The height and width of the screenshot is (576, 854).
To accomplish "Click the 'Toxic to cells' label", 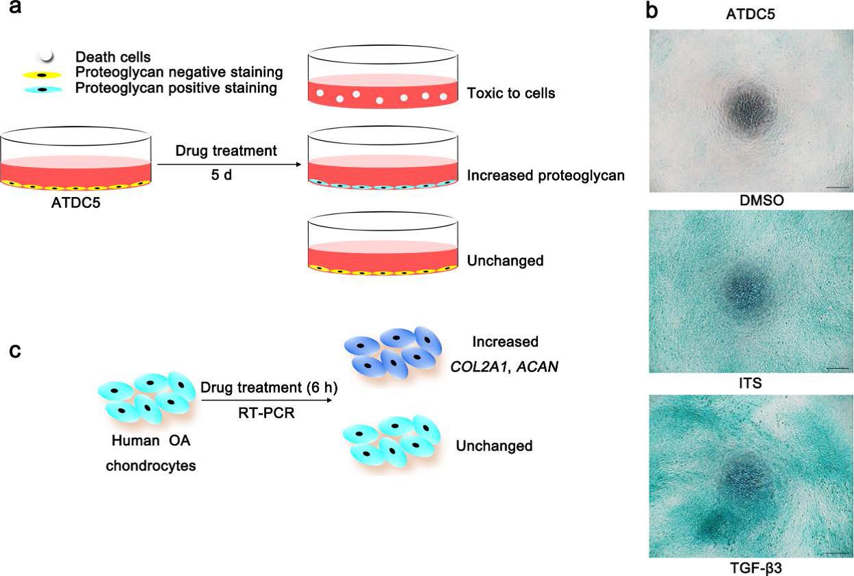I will coord(510,92).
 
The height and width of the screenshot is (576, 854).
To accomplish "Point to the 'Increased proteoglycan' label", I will coord(545,176).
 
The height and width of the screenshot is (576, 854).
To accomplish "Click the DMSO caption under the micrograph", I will coord(750,200).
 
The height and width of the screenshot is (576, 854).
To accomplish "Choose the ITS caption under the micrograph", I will coord(750,384).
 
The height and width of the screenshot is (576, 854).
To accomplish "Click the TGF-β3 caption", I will coord(750,567).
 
